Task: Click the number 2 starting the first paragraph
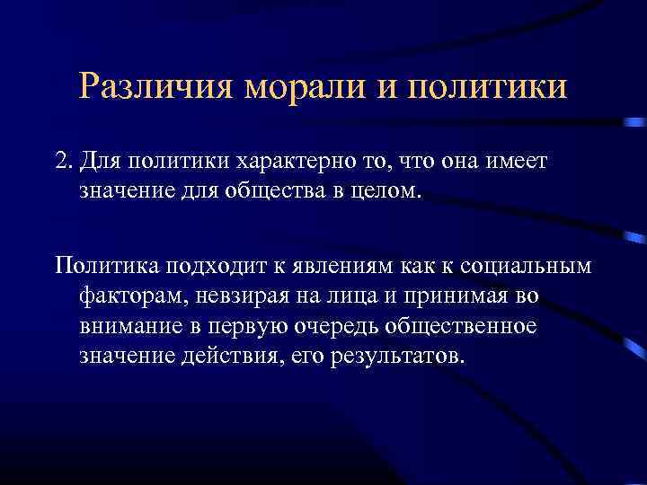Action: click(x=61, y=162)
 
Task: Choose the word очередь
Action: click(x=338, y=325)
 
